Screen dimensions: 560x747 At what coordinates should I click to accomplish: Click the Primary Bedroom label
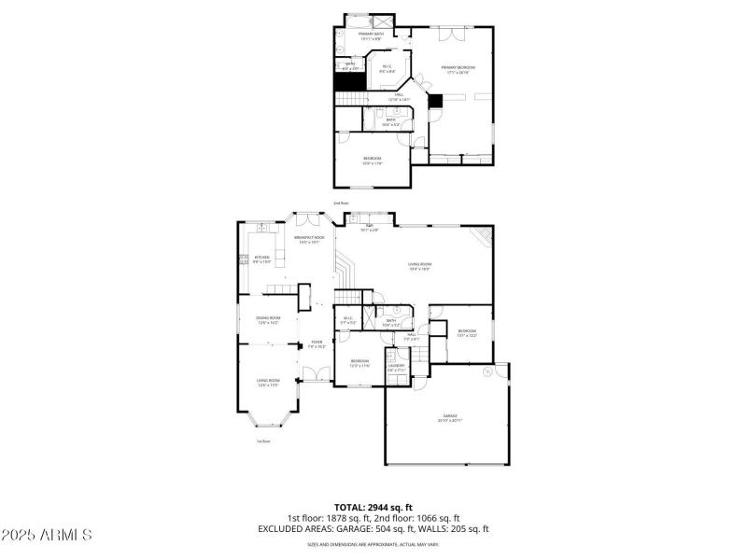[458, 68]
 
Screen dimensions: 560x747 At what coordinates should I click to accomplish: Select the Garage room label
[450, 417]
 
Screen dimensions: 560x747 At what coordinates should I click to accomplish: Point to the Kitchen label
[262, 259]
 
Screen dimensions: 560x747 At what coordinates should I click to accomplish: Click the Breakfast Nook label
[309, 239]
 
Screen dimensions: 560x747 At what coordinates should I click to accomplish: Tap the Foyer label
[317, 343]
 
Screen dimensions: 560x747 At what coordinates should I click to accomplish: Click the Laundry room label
[397, 367]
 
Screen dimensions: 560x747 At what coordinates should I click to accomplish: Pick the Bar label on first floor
[370, 227]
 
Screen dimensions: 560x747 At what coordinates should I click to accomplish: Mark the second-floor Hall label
[398, 96]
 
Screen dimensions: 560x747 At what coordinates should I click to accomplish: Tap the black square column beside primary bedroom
[433, 102]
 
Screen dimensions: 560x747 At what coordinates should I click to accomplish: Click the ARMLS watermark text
[47, 535]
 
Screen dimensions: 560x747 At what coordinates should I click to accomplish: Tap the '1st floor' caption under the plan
[264, 441]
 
